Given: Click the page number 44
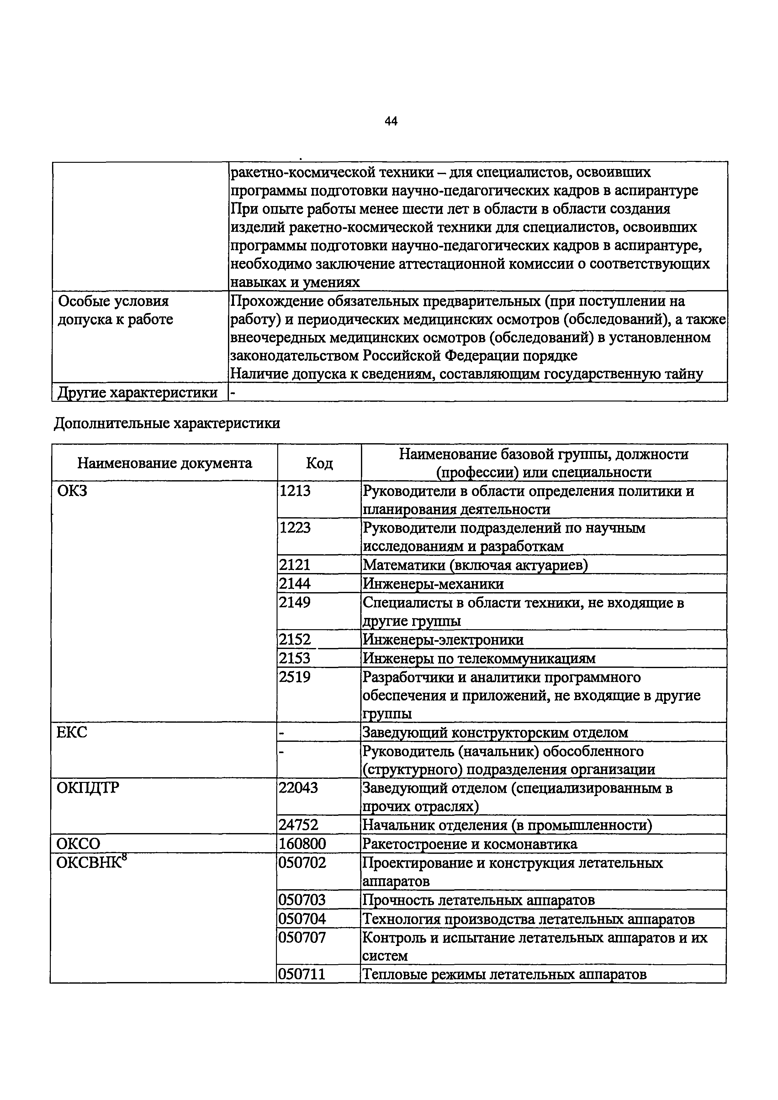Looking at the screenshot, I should point(391,122).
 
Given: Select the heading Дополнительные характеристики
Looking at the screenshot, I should point(167,423).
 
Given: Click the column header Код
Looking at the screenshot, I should point(319,463).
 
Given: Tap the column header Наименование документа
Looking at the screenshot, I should point(164,463).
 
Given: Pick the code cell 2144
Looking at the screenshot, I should point(295,583).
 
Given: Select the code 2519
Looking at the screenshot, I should point(295,677).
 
